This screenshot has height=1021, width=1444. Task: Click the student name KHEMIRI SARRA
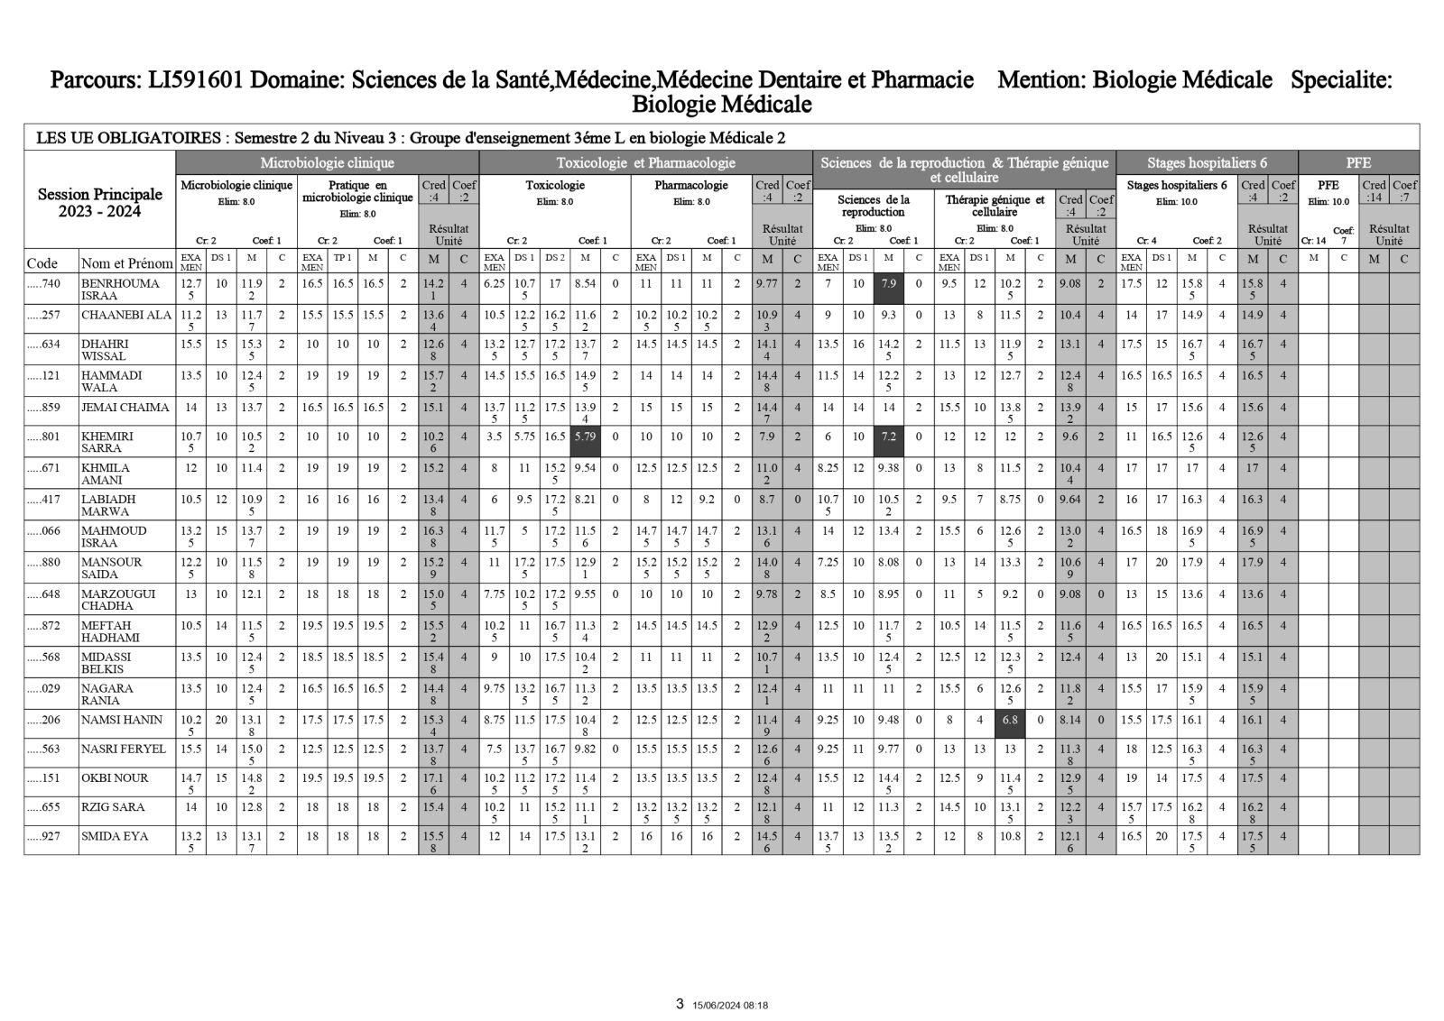(x=106, y=442)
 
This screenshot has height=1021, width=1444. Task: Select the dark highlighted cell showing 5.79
(x=585, y=442)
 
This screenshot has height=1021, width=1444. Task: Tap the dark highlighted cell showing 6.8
(x=1010, y=725)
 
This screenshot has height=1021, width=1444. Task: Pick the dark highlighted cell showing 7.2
(x=888, y=442)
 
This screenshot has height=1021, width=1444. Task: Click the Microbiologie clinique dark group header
(x=327, y=163)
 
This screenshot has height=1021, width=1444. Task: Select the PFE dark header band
(x=1357, y=163)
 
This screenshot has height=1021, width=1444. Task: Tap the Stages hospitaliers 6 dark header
(x=1207, y=163)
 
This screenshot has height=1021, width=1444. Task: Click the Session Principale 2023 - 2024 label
(x=99, y=203)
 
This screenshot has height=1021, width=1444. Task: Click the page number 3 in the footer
(x=680, y=1003)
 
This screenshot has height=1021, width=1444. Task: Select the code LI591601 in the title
(x=192, y=81)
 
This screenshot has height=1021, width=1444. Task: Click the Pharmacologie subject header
(x=691, y=185)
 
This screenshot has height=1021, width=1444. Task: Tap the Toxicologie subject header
(x=555, y=185)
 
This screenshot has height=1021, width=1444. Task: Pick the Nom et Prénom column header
(x=126, y=263)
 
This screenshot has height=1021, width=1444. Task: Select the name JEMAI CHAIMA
(x=125, y=407)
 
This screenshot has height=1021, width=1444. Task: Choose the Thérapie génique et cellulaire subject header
(x=995, y=206)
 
